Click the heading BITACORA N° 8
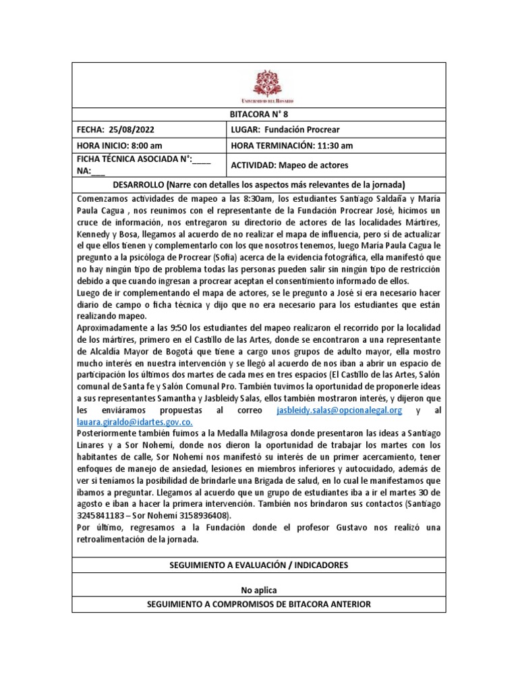click(258, 115)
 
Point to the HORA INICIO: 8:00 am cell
click(119, 145)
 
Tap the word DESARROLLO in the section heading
click(142, 184)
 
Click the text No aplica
click(258, 590)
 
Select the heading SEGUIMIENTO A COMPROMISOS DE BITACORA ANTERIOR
click(258, 604)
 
